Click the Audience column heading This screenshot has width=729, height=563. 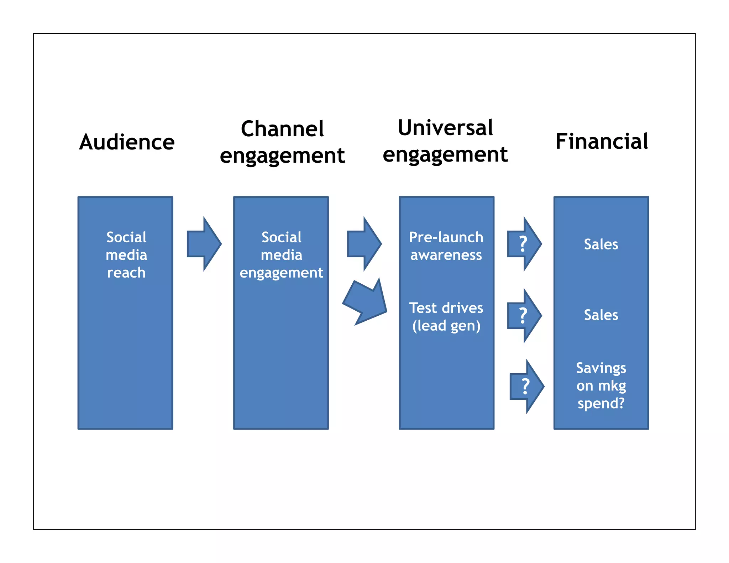tap(127, 142)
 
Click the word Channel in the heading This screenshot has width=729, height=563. tap(282, 128)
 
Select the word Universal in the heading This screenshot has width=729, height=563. tap(445, 127)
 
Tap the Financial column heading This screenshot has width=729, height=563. tap(602, 141)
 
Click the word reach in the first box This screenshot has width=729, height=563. tap(126, 273)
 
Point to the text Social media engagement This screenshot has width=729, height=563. tap(281, 255)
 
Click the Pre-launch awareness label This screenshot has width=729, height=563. tap(446, 246)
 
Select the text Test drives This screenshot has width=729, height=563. tap(446, 308)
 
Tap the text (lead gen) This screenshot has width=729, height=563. tap(446, 326)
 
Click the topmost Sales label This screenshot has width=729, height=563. tap(601, 244)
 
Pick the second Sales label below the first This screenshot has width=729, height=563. tap(601, 315)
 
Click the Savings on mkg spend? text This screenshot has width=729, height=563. tap(601, 385)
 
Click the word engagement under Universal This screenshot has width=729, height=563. tap(445, 155)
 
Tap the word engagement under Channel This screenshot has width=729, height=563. tap(282, 156)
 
